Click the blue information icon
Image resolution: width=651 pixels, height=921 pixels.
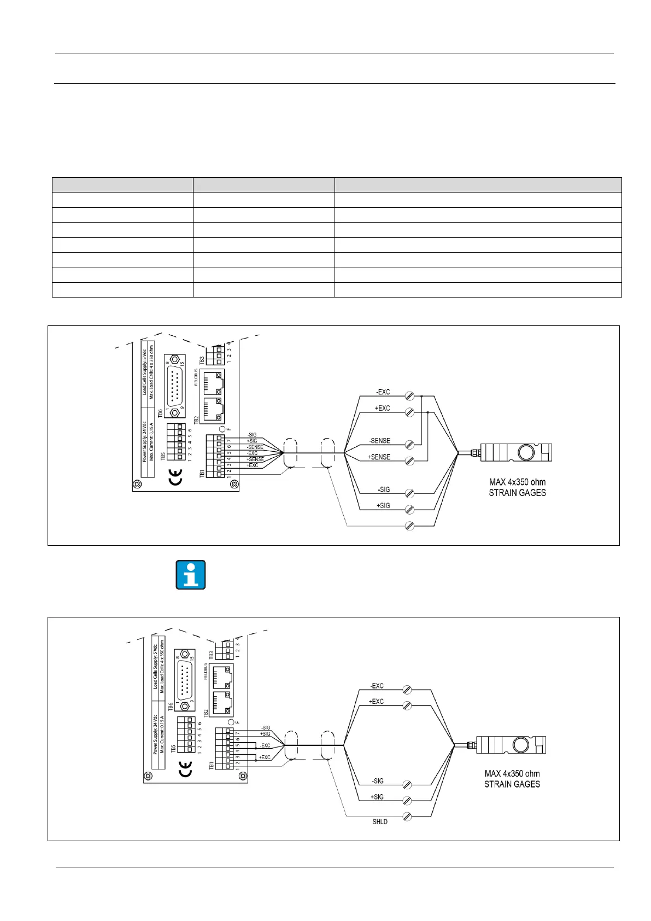[x=191, y=575]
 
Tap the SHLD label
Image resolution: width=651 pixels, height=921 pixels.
[x=380, y=821]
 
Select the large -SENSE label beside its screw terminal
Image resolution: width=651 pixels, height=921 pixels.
[x=379, y=441]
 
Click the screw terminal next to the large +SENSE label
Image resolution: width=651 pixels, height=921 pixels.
[x=409, y=460]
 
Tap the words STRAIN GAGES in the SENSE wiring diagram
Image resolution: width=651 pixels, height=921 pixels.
[x=517, y=493]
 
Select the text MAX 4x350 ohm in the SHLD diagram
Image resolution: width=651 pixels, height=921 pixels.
[x=512, y=773]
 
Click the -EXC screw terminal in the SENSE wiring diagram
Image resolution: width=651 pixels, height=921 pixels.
[x=409, y=395]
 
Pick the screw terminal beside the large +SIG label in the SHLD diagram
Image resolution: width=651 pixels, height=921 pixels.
[x=407, y=801]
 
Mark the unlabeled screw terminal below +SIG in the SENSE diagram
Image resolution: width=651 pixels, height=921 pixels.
[x=409, y=526]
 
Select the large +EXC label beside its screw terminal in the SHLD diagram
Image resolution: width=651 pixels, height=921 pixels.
[x=376, y=701]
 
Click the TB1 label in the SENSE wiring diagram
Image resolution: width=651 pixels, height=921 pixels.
[x=202, y=473]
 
